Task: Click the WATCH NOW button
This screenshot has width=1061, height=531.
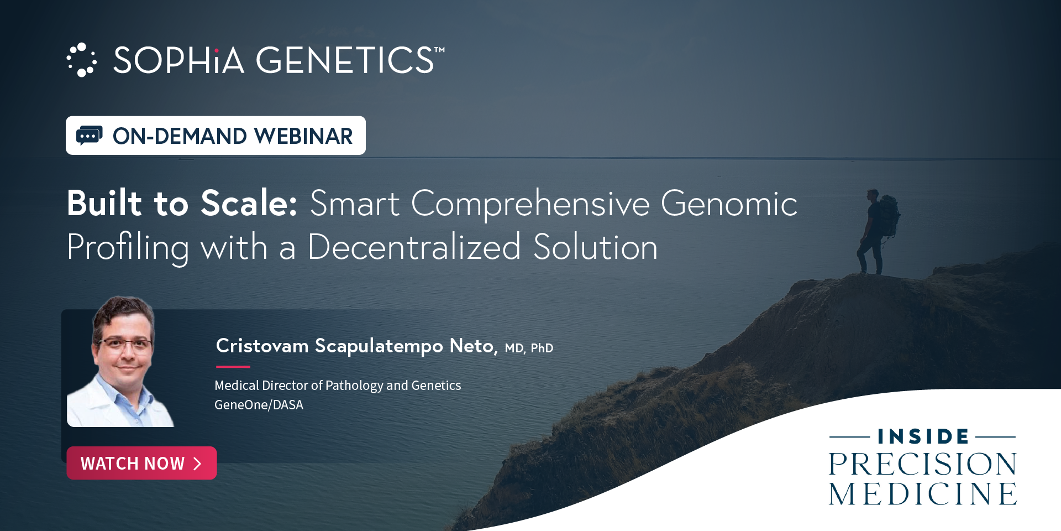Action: tap(141, 463)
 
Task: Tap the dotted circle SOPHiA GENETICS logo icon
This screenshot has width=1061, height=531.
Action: tap(82, 60)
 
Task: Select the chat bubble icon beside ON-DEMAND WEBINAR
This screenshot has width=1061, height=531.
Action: tap(90, 136)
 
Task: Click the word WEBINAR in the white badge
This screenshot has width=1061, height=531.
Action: tap(303, 136)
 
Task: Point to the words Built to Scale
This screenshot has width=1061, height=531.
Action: tap(182, 203)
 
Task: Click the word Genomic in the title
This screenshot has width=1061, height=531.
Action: tap(729, 204)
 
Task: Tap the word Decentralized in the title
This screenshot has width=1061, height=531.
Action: tap(414, 247)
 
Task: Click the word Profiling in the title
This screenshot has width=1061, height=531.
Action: tap(128, 248)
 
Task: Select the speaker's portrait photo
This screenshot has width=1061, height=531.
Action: tap(120, 361)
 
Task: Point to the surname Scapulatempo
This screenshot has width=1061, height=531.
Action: tap(379, 346)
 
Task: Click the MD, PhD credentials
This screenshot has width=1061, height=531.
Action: tap(529, 348)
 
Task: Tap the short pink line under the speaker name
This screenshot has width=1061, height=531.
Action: tap(233, 366)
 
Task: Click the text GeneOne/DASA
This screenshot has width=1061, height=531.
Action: tap(259, 405)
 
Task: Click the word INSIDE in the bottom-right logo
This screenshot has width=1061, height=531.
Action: tap(923, 436)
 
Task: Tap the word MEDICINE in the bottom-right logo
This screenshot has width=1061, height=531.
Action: tap(923, 493)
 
